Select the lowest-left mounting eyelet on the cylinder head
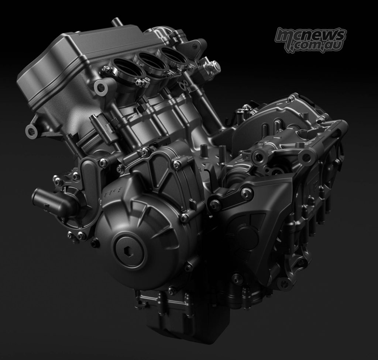pyautogui.click(x=32, y=131)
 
